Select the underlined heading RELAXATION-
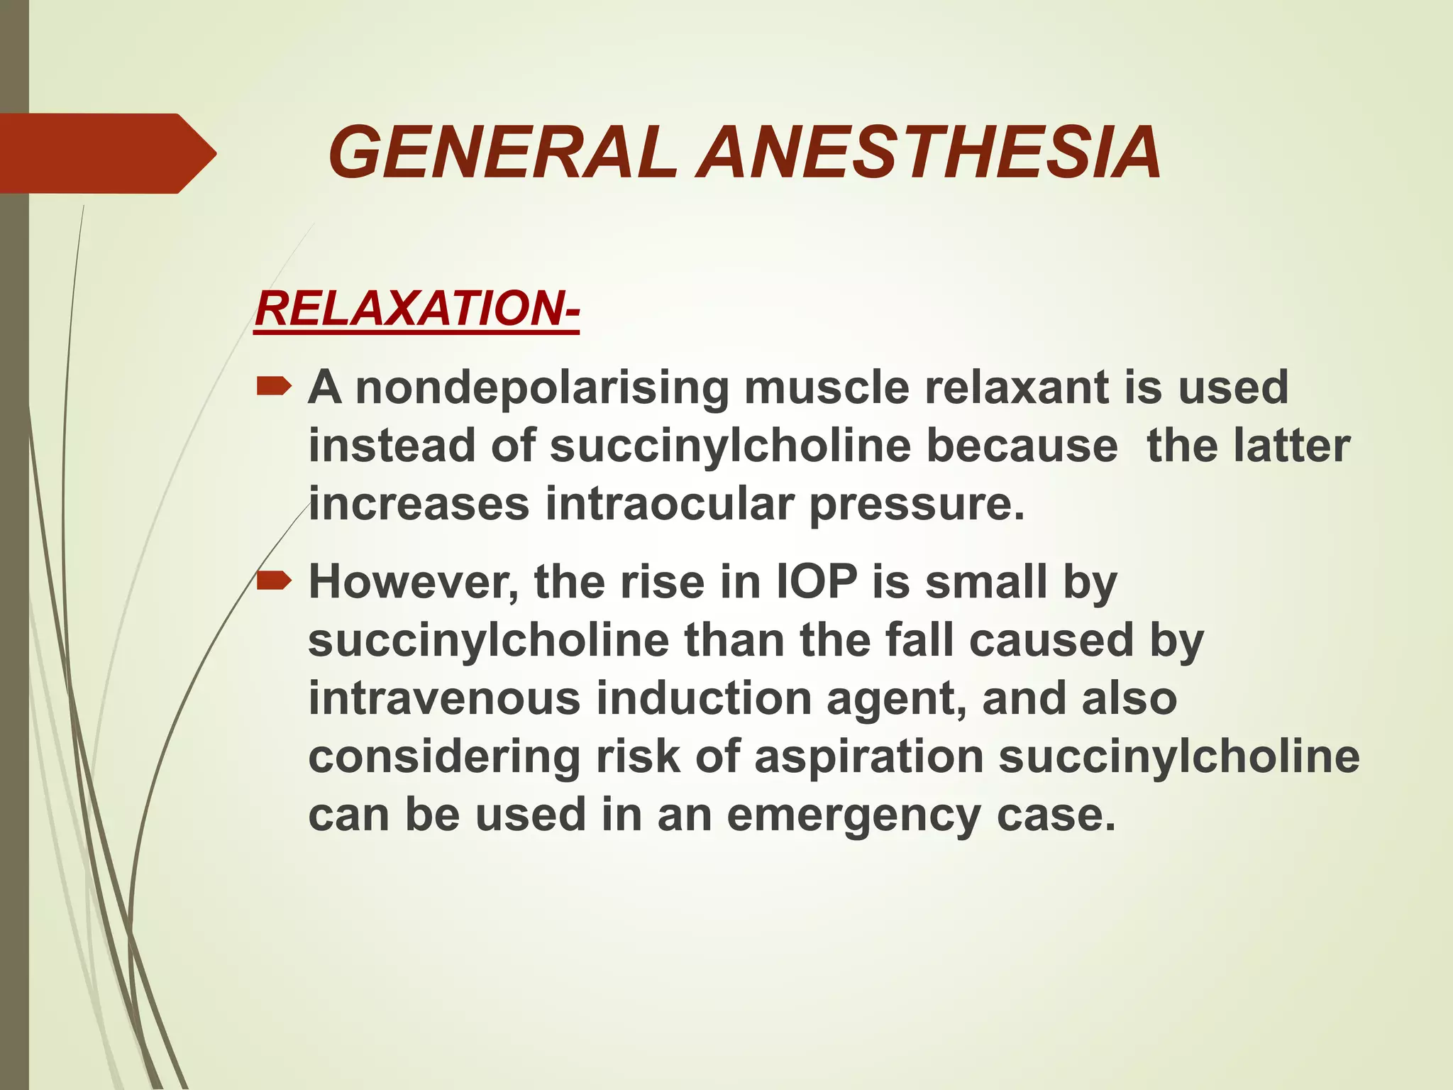(417, 309)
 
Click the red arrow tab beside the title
(106, 153)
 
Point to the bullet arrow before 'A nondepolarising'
(274, 387)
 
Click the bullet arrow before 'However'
(274, 582)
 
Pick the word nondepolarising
(542, 388)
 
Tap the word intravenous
(445, 699)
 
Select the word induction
(704, 699)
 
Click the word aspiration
(868, 758)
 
